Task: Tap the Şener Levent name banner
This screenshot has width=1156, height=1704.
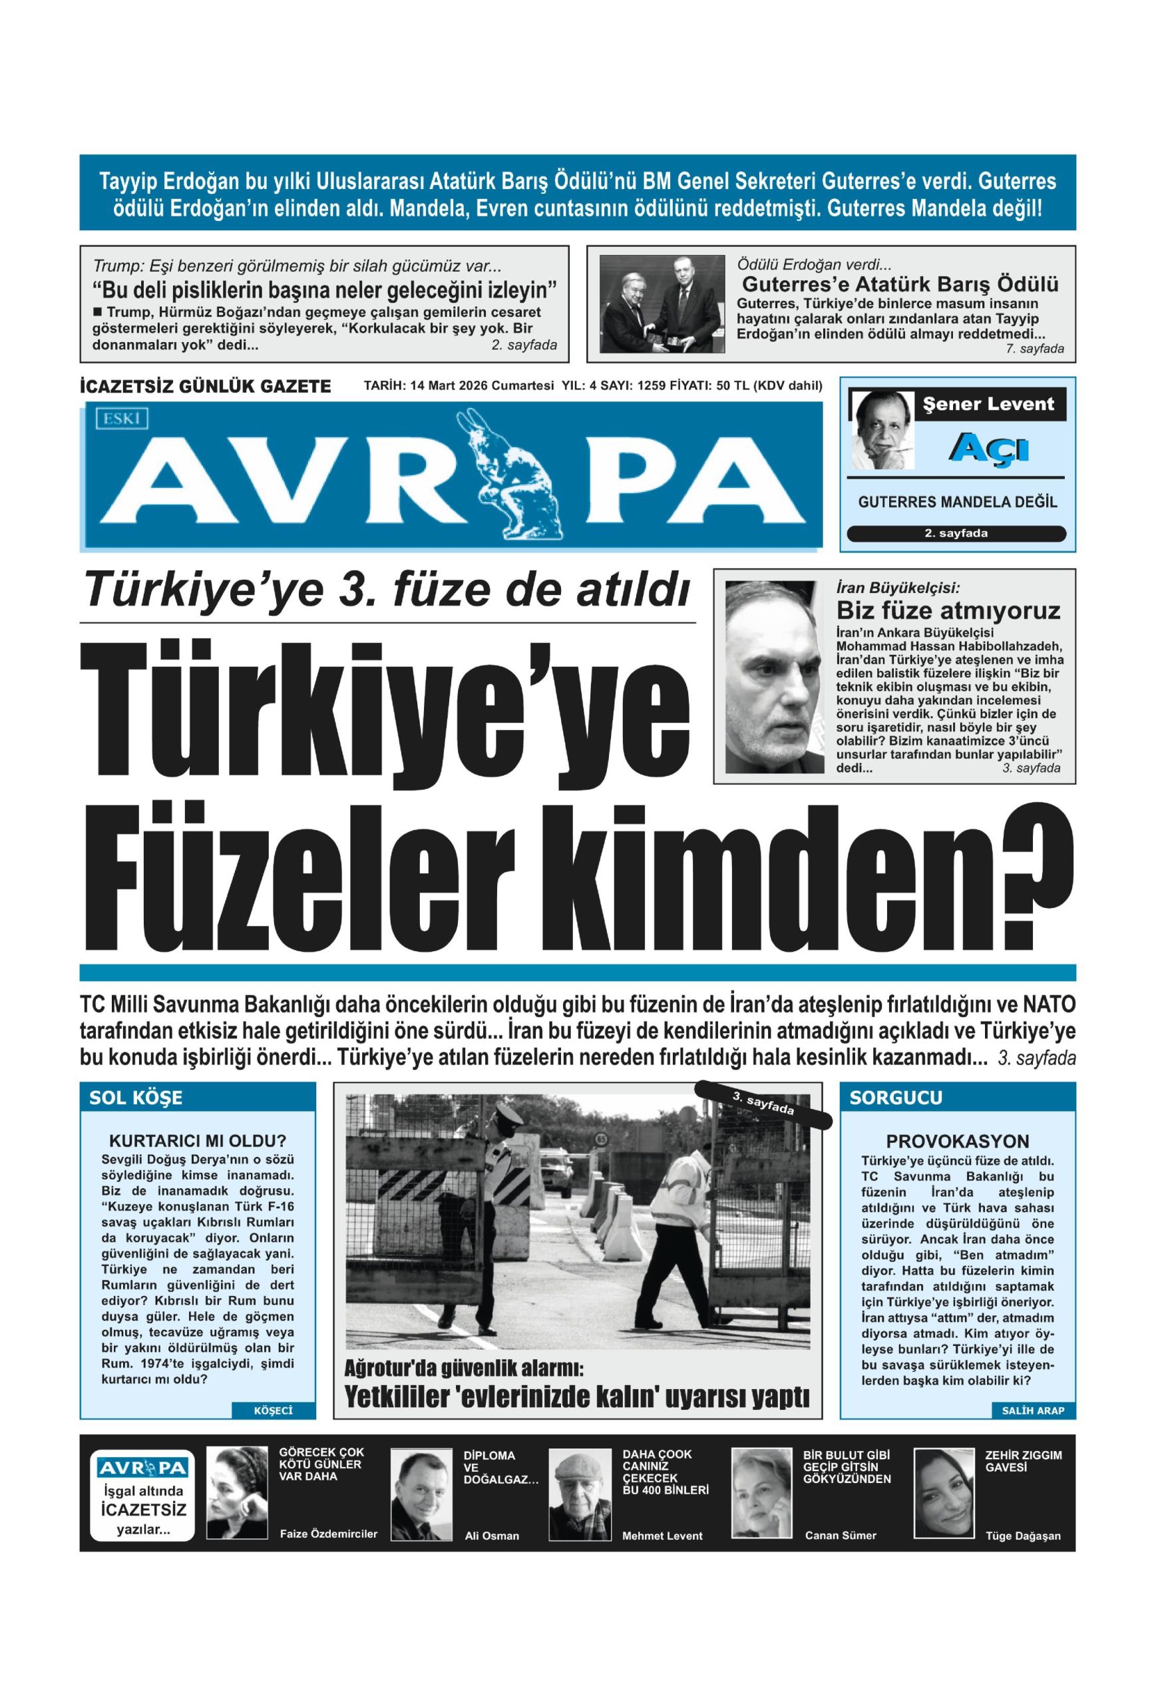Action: tap(988, 404)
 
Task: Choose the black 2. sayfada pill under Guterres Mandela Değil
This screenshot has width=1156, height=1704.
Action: tap(956, 534)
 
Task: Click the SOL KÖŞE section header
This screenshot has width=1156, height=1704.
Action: tap(136, 1098)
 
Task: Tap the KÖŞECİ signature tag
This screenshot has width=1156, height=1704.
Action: tap(273, 1410)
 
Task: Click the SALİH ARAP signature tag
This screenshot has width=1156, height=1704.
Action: tap(1032, 1410)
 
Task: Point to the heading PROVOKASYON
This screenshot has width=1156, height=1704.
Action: tap(958, 1142)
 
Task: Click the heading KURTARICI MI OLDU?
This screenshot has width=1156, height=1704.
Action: tap(196, 1141)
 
